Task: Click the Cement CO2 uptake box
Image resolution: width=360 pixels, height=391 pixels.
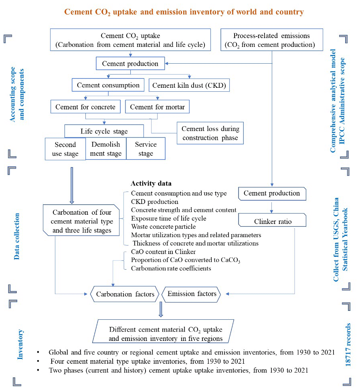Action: (x=130, y=40)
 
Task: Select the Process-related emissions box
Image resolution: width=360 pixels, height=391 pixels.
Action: (x=271, y=40)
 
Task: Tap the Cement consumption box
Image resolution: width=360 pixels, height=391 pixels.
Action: (x=108, y=85)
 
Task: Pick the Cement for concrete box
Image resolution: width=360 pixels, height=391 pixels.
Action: (x=85, y=107)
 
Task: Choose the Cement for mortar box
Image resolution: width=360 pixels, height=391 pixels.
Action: (x=157, y=107)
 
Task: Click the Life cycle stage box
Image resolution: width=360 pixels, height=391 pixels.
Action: (x=104, y=131)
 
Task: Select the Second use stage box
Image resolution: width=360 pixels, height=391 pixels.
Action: (x=65, y=149)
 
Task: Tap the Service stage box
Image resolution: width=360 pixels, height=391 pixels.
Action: (x=146, y=149)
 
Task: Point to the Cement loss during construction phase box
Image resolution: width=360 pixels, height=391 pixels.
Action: (x=210, y=133)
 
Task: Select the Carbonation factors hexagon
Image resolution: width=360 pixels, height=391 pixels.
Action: (x=125, y=294)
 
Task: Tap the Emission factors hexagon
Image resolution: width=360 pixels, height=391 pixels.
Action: (x=191, y=294)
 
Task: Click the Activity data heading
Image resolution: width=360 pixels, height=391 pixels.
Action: (x=151, y=183)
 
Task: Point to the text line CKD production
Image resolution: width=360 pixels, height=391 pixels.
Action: (x=154, y=202)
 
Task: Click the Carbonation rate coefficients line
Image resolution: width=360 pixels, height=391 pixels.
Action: (x=171, y=268)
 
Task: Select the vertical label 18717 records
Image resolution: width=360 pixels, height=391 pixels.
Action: (x=348, y=345)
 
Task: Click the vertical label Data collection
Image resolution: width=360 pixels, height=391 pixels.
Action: (x=16, y=236)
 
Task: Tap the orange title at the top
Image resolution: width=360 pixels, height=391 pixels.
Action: (x=184, y=12)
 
